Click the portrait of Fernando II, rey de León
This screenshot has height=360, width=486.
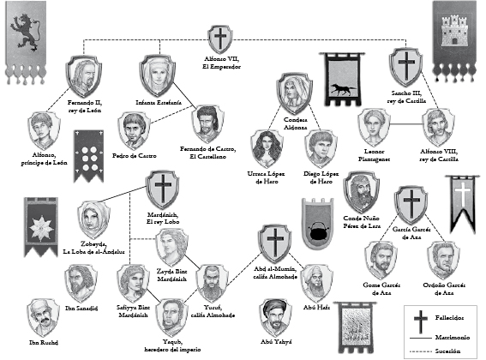coord(84,76)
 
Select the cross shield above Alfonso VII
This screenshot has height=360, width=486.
coord(220,39)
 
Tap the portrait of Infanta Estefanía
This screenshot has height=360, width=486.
coord(158,76)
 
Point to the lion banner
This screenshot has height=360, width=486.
coord(26,43)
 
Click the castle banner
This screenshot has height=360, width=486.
coord(454,41)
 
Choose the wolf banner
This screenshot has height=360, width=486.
coord(344,80)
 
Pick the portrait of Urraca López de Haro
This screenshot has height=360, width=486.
coord(267,149)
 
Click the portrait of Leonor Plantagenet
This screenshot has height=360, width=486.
coord(374,128)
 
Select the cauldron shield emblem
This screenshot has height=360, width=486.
coord(318,223)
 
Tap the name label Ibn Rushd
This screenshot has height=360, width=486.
coord(44,343)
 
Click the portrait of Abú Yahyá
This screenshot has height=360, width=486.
coord(276,317)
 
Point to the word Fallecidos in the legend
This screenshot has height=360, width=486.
coord(449,318)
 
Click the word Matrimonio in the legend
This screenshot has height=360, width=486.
coord(453,337)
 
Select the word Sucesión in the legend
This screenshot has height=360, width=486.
coord(447,351)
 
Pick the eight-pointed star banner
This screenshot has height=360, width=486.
coord(41,227)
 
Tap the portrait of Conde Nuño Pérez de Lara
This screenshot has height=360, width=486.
coord(361,192)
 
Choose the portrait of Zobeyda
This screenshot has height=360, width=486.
coord(93,220)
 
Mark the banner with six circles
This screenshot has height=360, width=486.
coord(89,156)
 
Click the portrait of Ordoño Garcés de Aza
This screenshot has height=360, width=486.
coord(443,260)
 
